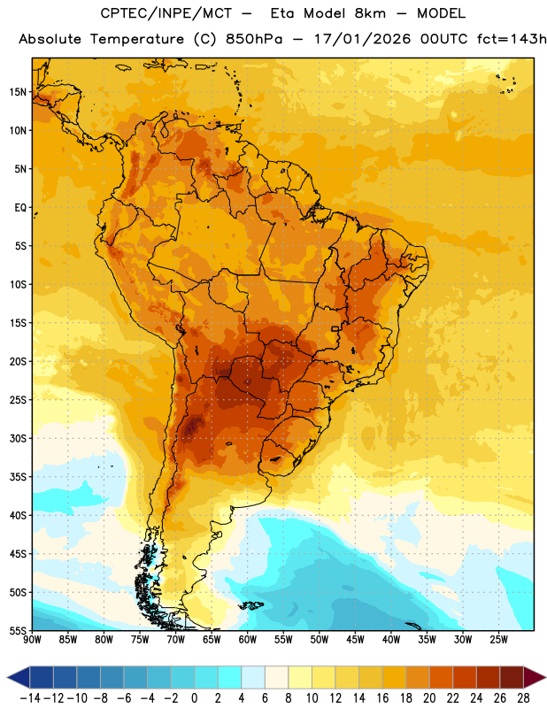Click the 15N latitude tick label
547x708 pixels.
18,92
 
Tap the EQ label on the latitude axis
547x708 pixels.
20,208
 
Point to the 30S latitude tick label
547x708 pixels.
18,438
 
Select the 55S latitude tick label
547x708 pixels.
18,631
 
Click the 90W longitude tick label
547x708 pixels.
32,640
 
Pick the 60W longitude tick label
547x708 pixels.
248,640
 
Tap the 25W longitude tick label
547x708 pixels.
498,640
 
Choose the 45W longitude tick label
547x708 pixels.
355,640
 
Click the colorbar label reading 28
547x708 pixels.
523,698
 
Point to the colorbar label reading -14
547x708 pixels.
30,698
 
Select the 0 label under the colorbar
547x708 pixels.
194,698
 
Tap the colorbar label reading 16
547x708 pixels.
382,698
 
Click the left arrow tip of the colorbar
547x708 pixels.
7,677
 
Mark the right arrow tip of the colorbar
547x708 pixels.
545,677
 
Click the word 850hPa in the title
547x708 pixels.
254,39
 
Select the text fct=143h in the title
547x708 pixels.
512,39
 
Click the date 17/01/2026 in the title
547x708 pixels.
362,39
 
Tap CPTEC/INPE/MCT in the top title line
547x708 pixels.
166,13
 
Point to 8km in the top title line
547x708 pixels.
370,13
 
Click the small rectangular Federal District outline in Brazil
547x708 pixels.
335,328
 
